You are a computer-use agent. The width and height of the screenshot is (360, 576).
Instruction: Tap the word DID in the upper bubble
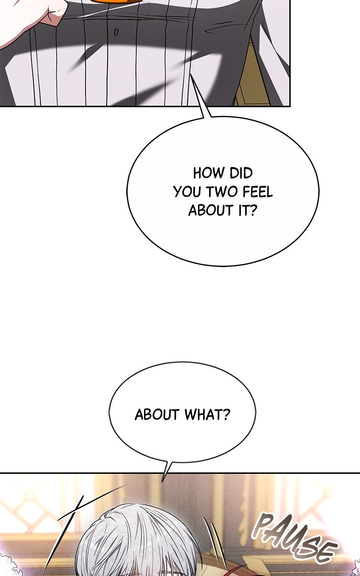(x=241, y=173)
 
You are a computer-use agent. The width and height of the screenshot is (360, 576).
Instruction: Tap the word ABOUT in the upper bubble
(x=211, y=211)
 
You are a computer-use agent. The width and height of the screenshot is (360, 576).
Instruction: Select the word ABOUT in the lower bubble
(x=157, y=414)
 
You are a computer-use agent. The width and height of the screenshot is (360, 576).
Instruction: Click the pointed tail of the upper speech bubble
(x=190, y=74)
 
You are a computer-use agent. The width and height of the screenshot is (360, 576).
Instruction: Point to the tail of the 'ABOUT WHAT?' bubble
(x=162, y=481)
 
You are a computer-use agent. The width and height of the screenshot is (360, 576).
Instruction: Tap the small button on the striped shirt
(x=116, y=32)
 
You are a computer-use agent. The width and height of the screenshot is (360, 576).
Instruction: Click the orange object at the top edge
(x=117, y=1)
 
